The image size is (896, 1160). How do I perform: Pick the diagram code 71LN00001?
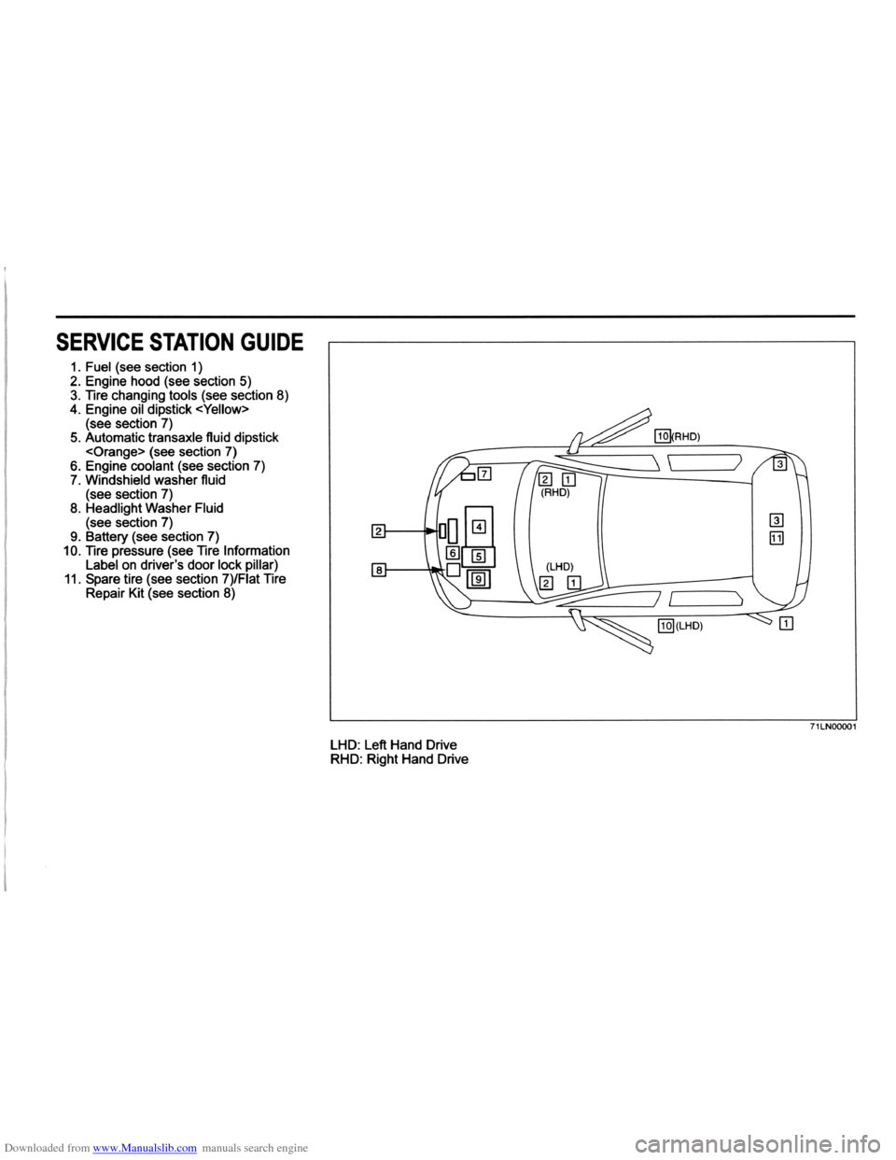(828, 727)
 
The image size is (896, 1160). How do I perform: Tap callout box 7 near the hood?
(483, 475)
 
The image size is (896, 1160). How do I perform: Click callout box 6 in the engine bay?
(452, 552)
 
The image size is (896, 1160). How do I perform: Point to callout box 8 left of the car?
(379, 568)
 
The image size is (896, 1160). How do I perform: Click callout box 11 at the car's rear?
(777, 537)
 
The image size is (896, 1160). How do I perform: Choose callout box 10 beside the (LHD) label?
(665, 626)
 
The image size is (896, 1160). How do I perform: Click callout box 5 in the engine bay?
(478, 557)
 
